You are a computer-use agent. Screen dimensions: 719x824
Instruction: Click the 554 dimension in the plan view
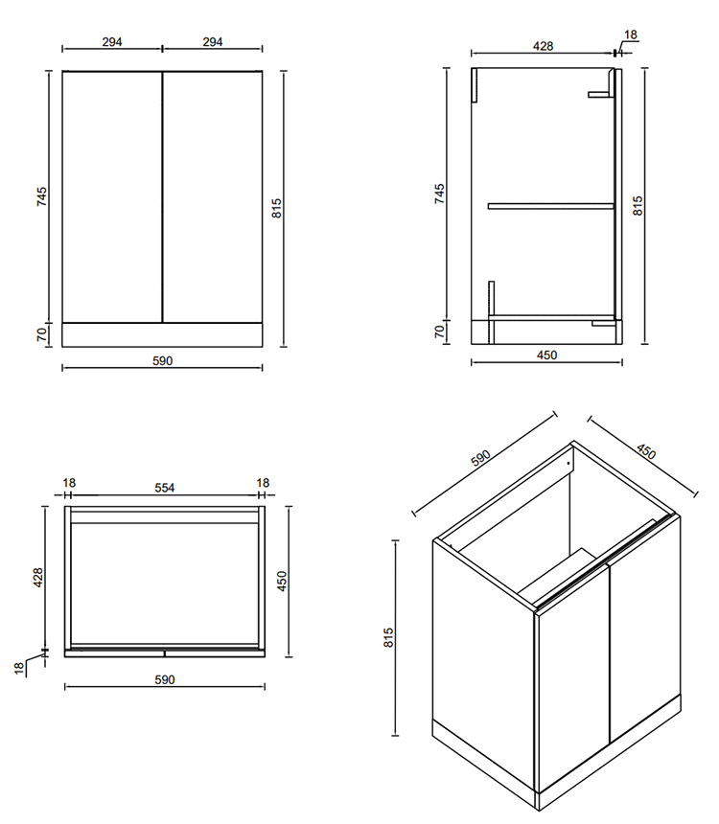(x=165, y=488)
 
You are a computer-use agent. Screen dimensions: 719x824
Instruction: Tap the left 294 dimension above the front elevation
(x=112, y=42)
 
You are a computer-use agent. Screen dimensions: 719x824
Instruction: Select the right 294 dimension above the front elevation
(x=213, y=42)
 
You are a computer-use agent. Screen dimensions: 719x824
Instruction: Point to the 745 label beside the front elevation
(x=41, y=196)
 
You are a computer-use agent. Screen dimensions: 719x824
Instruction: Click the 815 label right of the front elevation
(x=277, y=208)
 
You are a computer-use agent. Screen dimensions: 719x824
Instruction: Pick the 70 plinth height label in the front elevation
(x=42, y=334)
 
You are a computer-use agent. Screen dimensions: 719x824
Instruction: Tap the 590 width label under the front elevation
(x=163, y=361)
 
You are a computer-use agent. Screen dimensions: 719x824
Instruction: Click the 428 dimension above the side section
(x=543, y=46)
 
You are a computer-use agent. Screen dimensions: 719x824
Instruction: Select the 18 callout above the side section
(x=630, y=34)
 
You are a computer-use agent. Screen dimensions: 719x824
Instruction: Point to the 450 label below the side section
(x=546, y=355)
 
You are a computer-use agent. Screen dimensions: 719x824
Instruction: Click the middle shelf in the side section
(x=550, y=206)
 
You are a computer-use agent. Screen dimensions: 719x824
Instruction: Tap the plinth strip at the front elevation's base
(x=162, y=334)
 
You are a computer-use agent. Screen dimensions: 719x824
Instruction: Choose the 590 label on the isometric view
(x=480, y=458)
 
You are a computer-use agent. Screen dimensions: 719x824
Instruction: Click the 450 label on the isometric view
(x=646, y=451)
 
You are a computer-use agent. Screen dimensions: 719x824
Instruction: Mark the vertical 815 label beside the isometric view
(x=388, y=637)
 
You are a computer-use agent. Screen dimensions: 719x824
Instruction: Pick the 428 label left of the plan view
(x=38, y=578)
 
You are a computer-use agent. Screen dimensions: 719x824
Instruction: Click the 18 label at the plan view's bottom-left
(x=19, y=668)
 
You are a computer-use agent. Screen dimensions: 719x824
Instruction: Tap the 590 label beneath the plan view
(x=165, y=680)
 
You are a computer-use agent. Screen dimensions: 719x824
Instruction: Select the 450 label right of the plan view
(x=282, y=582)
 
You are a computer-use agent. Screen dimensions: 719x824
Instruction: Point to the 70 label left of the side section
(x=439, y=332)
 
